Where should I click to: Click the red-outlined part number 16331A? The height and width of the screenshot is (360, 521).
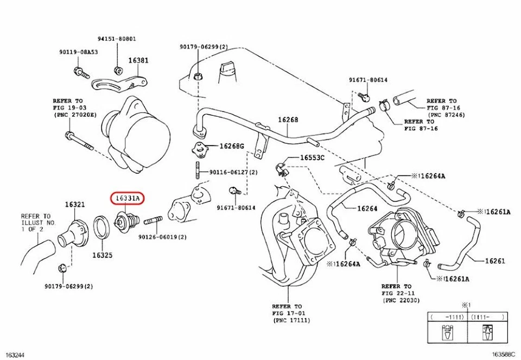tap(126, 199)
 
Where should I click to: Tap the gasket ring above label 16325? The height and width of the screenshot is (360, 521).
tap(101, 228)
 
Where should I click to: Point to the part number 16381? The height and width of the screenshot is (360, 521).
tap(138, 61)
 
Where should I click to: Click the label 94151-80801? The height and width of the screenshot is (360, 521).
tap(117, 39)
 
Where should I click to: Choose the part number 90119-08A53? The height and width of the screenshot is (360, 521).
tap(79, 52)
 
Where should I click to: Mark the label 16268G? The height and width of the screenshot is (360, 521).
tap(232, 146)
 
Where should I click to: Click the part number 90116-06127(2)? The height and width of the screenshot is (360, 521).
tap(234, 172)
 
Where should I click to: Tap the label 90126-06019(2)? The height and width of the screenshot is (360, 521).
tap(162, 237)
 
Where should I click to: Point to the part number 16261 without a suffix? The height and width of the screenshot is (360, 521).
tap(494, 261)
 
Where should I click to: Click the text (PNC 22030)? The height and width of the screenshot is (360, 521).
tap(401, 300)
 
